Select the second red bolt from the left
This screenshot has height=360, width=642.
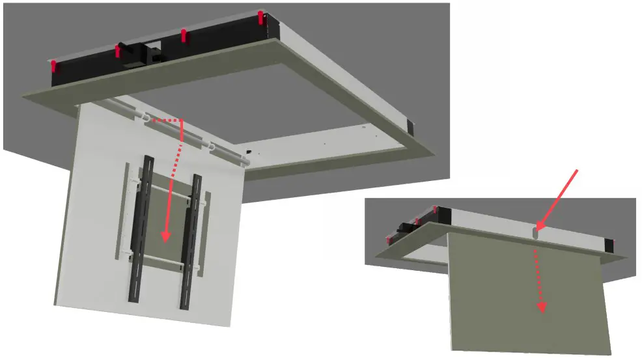[x=118, y=51]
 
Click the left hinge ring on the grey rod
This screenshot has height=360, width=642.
[x=145, y=118]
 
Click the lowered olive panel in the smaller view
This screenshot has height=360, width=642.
[x=527, y=293]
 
